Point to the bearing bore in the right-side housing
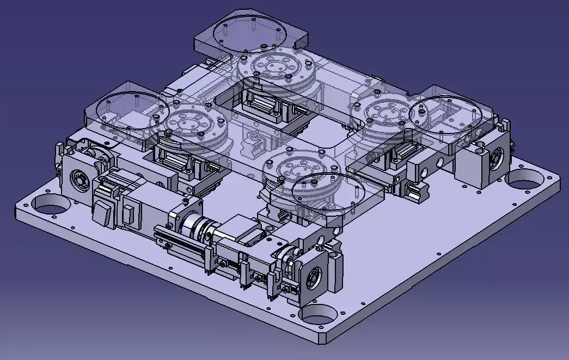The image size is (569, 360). (497, 158)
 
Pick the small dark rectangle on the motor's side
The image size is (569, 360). (127, 216)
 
